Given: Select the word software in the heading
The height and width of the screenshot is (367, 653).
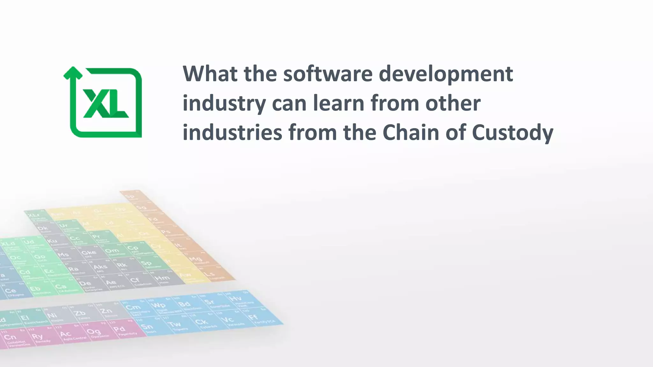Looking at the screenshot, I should [328, 74].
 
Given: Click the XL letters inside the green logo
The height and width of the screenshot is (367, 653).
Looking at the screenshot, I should [105, 103].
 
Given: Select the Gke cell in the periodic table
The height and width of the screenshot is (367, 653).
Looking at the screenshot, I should [89, 254].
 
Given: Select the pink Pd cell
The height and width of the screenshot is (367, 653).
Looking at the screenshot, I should [120, 330].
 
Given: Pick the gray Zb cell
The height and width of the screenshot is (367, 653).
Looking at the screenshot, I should [80, 314].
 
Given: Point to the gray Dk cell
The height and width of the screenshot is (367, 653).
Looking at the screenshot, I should [43, 229].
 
